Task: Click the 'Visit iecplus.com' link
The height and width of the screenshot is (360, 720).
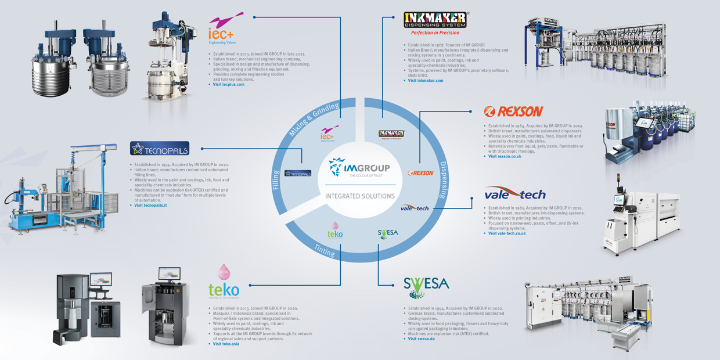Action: [228, 85]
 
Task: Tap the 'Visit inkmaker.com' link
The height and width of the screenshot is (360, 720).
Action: [425, 81]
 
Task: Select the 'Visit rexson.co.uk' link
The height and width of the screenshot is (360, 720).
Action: [505, 156]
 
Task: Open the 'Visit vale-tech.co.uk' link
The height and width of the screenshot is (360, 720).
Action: [507, 233]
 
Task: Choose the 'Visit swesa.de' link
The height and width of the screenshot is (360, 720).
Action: [421, 339]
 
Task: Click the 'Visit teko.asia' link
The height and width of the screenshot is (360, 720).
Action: [226, 344]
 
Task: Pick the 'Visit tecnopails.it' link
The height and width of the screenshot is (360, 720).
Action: [150, 205]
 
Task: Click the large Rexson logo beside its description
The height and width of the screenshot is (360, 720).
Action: [513, 111]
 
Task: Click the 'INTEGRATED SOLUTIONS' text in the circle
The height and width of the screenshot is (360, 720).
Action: [359, 196]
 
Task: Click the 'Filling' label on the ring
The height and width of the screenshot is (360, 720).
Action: [276, 179]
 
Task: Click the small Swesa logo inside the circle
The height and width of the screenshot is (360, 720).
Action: [388, 234]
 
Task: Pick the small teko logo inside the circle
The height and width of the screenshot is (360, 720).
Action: [335, 231]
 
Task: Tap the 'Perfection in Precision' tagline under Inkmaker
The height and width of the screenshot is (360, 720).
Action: [435, 33]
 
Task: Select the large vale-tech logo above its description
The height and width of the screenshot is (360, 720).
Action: [515, 194]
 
